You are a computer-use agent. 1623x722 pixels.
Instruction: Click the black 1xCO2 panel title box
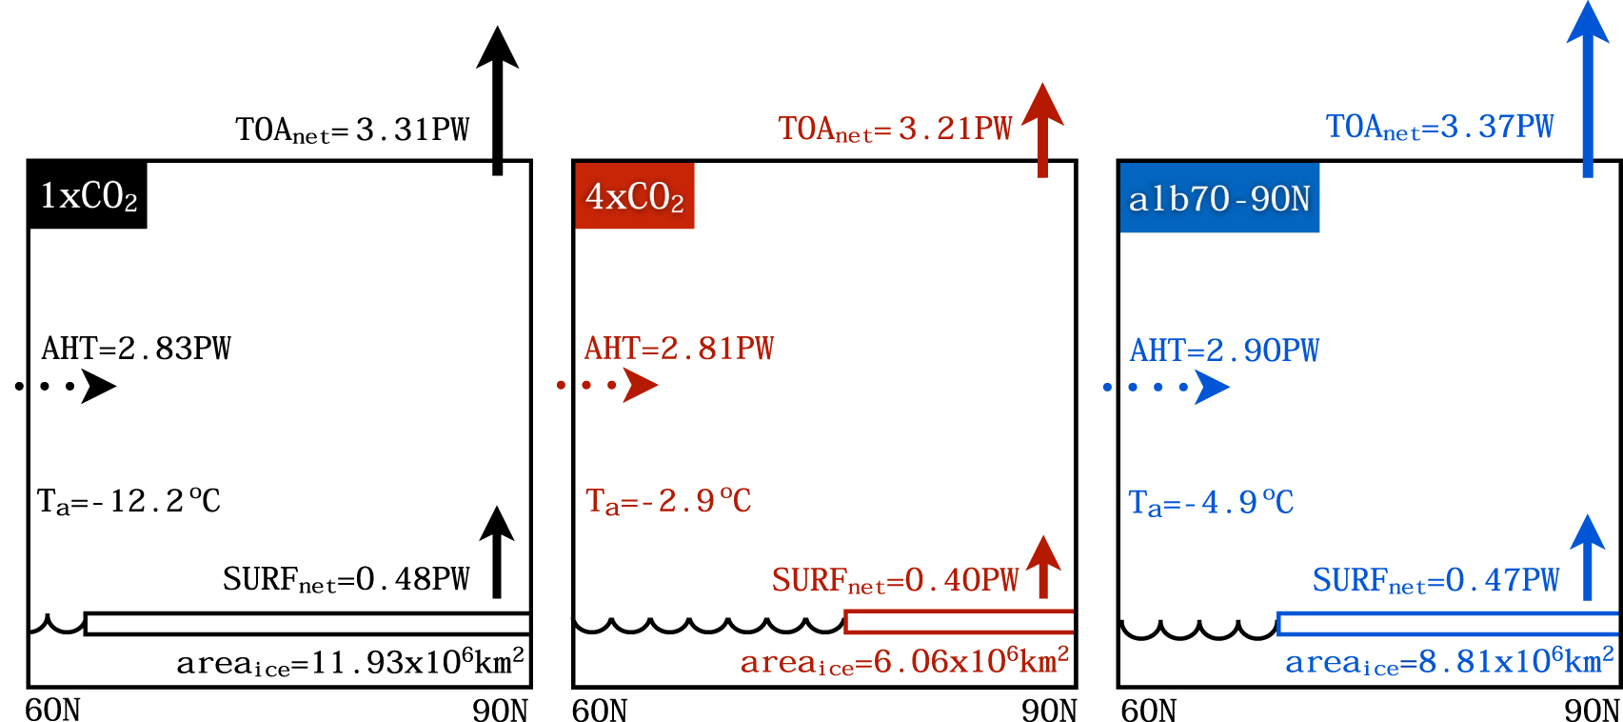tap(88, 195)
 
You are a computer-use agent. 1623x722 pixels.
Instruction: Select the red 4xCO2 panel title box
tap(634, 196)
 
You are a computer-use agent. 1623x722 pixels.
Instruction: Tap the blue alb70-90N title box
tap(1219, 198)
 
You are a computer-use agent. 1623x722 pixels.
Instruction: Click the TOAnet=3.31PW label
tap(352, 130)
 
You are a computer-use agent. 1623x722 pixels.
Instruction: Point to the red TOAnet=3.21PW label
tap(895, 129)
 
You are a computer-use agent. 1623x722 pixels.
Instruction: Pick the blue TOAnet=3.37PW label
tap(1439, 127)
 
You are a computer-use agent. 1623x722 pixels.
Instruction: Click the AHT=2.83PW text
tap(136, 349)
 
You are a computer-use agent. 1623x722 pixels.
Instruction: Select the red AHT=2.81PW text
tap(679, 349)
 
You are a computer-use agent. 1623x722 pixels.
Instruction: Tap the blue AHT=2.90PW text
tap(1224, 351)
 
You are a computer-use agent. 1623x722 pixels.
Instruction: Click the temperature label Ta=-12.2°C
tap(129, 501)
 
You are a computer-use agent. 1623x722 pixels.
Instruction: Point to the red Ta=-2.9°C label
tap(668, 501)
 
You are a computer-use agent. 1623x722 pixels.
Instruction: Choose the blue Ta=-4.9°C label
tap(1211, 502)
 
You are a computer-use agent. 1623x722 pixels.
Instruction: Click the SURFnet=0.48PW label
tap(346, 579)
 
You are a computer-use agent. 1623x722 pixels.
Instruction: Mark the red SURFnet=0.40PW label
tap(895, 580)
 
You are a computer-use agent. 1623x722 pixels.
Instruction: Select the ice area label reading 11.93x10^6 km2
tap(350, 661)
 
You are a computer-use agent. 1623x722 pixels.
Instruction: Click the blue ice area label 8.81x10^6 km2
tap(1449, 661)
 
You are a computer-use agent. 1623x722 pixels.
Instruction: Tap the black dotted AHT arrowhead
tap(97, 386)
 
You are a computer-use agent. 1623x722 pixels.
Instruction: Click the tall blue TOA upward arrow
tap(1588, 90)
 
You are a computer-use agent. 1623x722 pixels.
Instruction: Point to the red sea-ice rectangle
tap(960, 622)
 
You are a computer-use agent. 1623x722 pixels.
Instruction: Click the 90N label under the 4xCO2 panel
tap(1049, 711)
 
